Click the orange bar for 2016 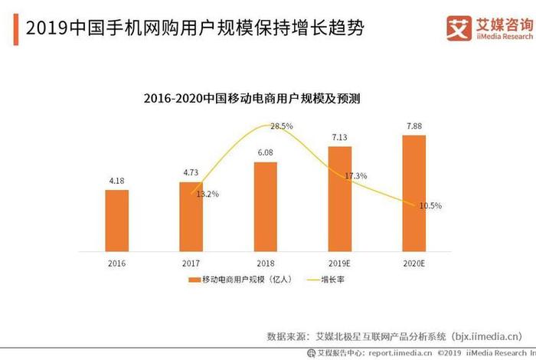point(116,221)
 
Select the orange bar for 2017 point(191,217)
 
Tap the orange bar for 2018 point(265,207)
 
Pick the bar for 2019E point(339,199)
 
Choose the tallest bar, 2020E point(414,193)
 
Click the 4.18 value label point(116,181)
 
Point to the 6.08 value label point(265,152)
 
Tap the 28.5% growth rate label point(282,126)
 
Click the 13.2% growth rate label point(207,195)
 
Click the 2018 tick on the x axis point(265,263)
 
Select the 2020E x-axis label point(414,263)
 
